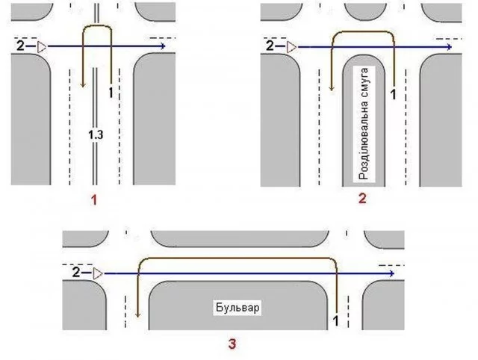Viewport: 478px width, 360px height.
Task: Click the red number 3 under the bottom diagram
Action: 232,344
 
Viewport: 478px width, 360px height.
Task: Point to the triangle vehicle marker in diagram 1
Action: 42,47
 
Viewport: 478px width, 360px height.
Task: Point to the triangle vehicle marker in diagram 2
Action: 292,47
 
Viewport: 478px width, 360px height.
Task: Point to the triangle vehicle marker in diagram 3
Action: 99,274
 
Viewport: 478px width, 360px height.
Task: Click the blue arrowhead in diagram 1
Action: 161,47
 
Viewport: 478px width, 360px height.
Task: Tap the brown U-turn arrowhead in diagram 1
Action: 83,82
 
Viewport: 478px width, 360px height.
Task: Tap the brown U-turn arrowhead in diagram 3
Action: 139,314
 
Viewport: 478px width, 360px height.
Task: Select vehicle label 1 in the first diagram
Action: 111,92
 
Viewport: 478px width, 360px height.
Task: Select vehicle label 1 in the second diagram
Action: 394,95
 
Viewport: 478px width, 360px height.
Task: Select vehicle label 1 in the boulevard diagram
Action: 335,320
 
